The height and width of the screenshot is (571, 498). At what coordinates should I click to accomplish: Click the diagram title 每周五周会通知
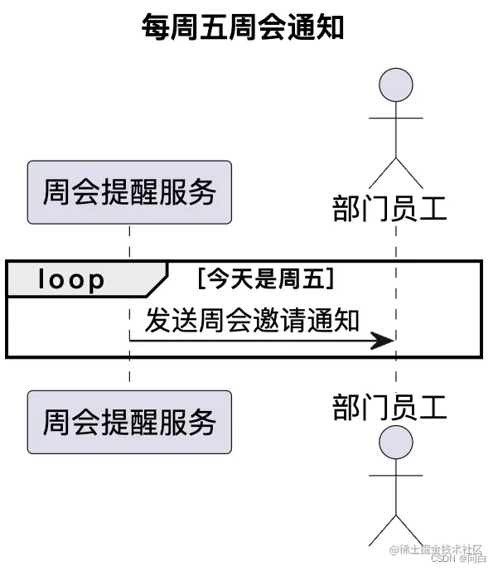pyautogui.click(x=242, y=27)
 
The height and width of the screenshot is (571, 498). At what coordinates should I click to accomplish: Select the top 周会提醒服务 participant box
pyautogui.click(x=129, y=192)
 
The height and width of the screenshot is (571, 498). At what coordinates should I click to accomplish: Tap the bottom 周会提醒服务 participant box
pyautogui.click(x=129, y=422)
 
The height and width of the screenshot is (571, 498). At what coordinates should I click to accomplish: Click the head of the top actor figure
pyautogui.click(x=395, y=86)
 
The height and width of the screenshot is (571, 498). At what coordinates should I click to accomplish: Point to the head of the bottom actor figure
pyautogui.click(x=395, y=443)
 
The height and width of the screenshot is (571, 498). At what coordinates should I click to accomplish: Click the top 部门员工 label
pyautogui.click(x=389, y=208)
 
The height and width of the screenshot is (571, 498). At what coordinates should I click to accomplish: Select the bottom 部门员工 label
pyautogui.click(x=389, y=408)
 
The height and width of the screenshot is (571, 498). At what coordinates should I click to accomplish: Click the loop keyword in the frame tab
pyautogui.click(x=71, y=281)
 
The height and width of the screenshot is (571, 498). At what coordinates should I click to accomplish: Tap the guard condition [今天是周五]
pyautogui.click(x=264, y=279)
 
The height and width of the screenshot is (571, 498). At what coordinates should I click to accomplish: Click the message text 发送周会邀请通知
pyautogui.click(x=253, y=319)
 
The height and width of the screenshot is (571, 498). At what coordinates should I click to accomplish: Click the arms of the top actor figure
pyautogui.click(x=395, y=119)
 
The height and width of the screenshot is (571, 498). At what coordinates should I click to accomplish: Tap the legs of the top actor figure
pyautogui.click(x=395, y=172)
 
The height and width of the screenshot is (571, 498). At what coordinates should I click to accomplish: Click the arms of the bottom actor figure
pyautogui.click(x=395, y=475)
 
